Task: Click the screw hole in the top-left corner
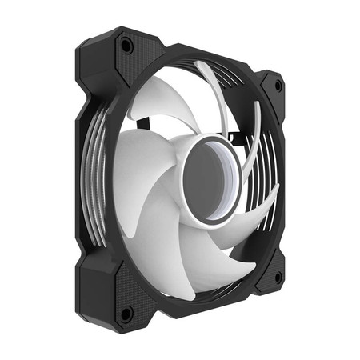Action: (126, 47)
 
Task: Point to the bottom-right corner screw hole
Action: (277, 277)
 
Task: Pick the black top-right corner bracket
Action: (268, 88)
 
